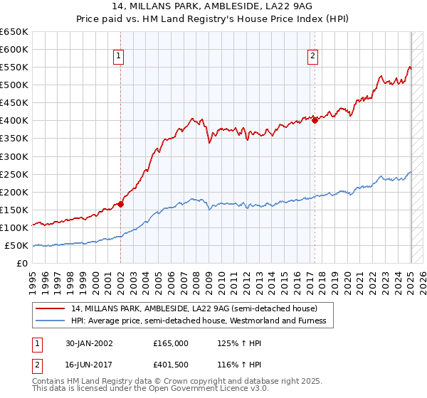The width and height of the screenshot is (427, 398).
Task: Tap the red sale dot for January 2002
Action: [x=121, y=204]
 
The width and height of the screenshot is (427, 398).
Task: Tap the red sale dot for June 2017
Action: [x=315, y=120]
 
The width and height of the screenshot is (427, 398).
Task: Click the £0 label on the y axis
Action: [x=22, y=263]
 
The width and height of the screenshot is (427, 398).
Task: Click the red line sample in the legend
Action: [x=51, y=308]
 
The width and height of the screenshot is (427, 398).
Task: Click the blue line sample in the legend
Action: [x=51, y=321]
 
